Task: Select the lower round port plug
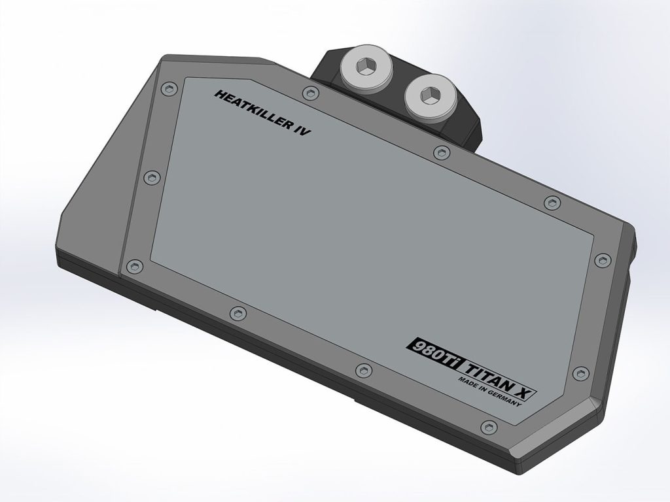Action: pyautogui.click(x=431, y=97)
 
